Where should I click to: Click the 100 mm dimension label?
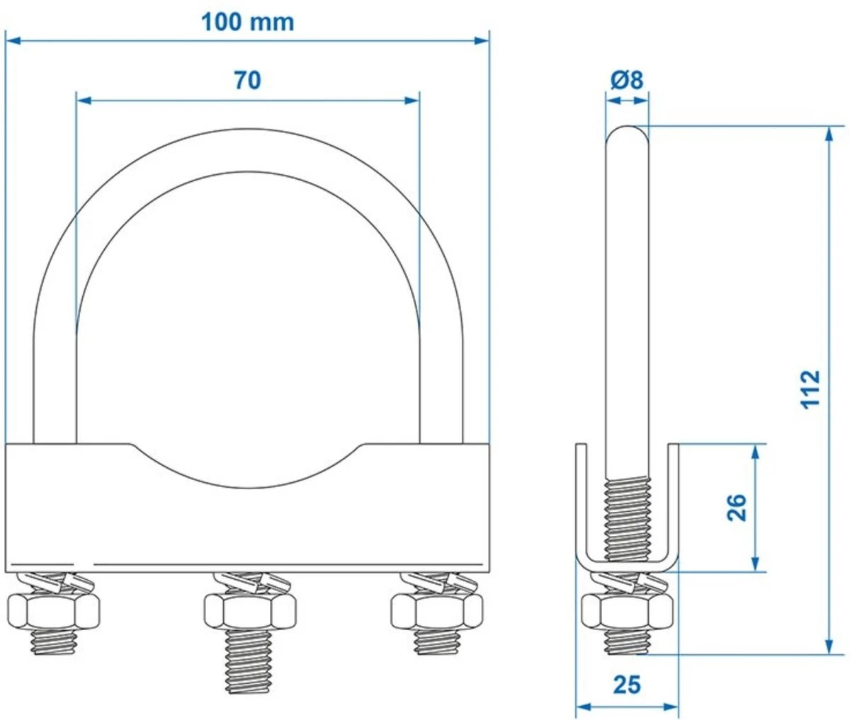[x=247, y=22]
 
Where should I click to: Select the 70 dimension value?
[x=247, y=81]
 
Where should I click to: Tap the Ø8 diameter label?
[x=626, y=80]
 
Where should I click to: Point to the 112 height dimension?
[x=812, y=387]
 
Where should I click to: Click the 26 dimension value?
[x=737, y=507]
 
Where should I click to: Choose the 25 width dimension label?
[x=626, y=685]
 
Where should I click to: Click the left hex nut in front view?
[x=53, y=609]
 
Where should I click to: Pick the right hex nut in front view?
[x=437, y=609]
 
